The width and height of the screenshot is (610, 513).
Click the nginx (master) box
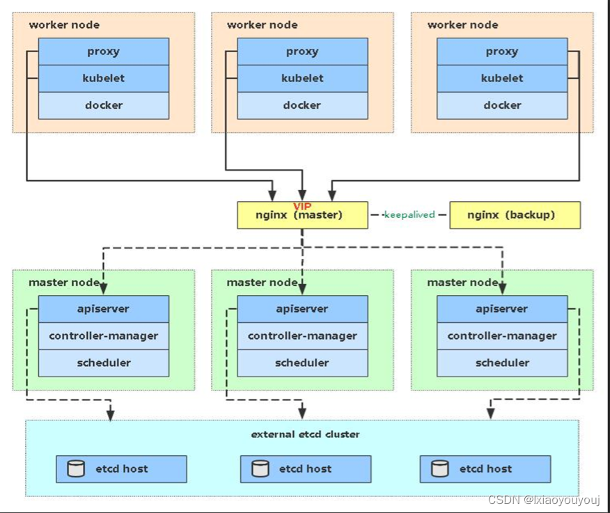point(302,215)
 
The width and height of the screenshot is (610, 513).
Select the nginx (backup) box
point(515,215)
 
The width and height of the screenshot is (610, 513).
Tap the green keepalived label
point(409,214)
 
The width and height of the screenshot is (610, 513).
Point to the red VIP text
point(302,207)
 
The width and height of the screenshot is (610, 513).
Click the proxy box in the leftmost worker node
point(104,52)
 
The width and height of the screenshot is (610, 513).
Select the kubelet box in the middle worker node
point(302,79)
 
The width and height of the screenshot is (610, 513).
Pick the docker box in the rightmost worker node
point(502,105)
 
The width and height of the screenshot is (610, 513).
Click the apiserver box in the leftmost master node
point(104,309)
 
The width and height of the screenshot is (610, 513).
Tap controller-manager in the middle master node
point(302,336)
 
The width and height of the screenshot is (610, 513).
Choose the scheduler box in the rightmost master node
point(502,363)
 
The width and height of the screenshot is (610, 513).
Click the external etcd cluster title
point(305,434)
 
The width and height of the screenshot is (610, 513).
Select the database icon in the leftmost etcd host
point(75,468)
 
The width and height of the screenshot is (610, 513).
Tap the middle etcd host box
point(306,469)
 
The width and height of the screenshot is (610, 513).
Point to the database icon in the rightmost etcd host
point(439,468)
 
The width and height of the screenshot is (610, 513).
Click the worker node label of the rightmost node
point(462,25)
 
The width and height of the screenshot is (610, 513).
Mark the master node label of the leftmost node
point(64,282)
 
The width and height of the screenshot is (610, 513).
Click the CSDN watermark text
point(544,500)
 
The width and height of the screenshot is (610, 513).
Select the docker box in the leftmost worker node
point(104,105)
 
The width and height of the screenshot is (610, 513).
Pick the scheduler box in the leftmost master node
point(104,363)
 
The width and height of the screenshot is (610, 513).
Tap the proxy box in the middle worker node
point(302,52)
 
